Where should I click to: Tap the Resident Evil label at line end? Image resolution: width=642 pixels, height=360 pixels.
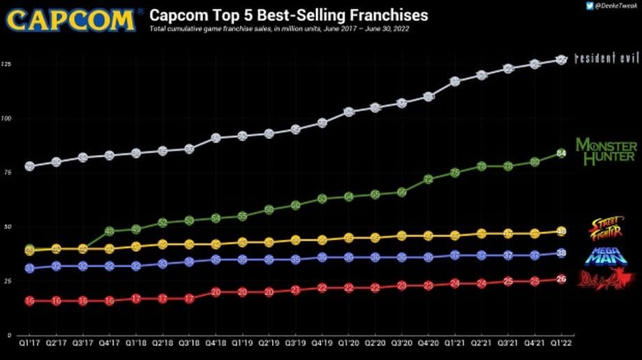point(606,59)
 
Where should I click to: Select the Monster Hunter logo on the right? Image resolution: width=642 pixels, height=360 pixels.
point(606,151)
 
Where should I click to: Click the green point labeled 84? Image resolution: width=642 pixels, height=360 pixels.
point(562,153)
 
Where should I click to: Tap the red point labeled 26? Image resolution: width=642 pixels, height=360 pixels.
point(562,279)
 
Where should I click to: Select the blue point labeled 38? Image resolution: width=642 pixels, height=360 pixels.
point(562,253)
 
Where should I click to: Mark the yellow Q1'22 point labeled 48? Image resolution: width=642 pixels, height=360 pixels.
point(562,232)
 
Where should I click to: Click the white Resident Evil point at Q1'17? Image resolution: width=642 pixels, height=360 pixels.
point(30,166)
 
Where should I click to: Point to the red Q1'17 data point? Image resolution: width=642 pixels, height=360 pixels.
point(30,301)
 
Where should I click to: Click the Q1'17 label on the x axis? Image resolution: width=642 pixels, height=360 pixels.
point(30,343)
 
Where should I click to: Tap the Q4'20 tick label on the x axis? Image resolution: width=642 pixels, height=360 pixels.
point(428,343)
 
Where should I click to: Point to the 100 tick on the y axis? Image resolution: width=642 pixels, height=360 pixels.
point(6,119)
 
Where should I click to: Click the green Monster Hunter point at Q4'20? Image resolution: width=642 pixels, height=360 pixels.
point(428,179)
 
